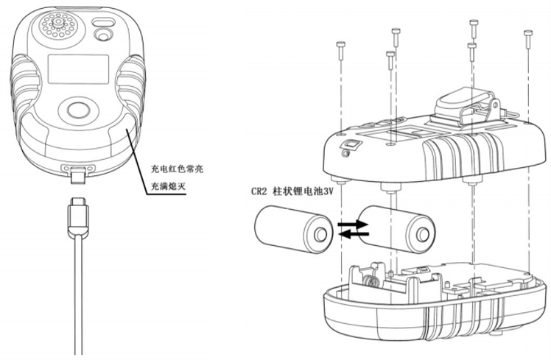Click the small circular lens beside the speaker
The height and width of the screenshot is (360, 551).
pos(105,34)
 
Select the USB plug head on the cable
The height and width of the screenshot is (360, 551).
pos(77,214)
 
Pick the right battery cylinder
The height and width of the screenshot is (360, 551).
pos(395,229)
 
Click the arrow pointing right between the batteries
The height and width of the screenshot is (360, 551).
pos(353,222)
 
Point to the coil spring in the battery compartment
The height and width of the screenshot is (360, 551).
pos(372,280)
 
